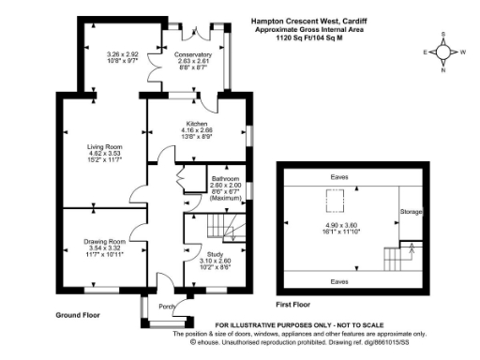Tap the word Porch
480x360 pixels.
[x=167, y=306]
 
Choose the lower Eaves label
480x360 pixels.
[x=338, y=279]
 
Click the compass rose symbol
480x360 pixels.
[x=443, y=52]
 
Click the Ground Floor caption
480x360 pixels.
[x=78, y=315]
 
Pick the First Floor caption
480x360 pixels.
[x=293, y=305]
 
